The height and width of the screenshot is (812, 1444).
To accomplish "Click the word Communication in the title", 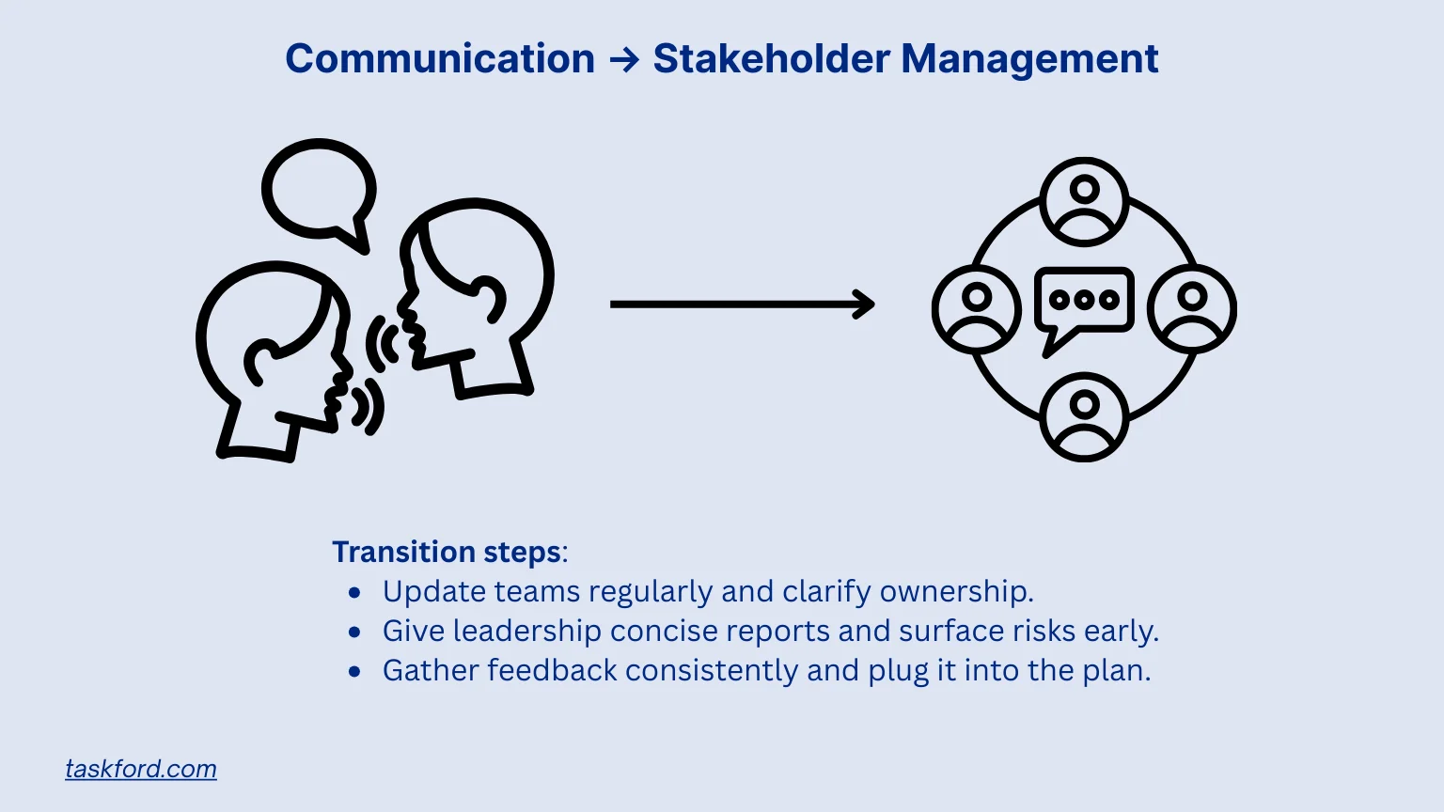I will [440, 58].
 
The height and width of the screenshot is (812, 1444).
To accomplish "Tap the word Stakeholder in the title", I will [771, 58].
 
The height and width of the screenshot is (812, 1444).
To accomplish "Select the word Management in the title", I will [1029, 58].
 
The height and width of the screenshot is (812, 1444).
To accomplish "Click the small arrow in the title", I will [624, 60].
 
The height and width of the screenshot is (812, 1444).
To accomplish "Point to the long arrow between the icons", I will [742, 304].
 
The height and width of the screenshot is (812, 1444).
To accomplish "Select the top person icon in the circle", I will [1084, 201].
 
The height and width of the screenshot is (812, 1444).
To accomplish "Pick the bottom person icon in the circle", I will [1084, 416].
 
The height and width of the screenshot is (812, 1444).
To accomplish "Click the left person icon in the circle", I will [977, 309].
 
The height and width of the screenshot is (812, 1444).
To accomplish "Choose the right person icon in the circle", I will [1192, 309].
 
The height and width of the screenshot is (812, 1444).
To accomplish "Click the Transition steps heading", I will [447, 552].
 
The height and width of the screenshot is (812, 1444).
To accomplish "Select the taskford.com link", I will [141, 769].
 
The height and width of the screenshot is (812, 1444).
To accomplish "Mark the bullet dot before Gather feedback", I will [354, 671].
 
